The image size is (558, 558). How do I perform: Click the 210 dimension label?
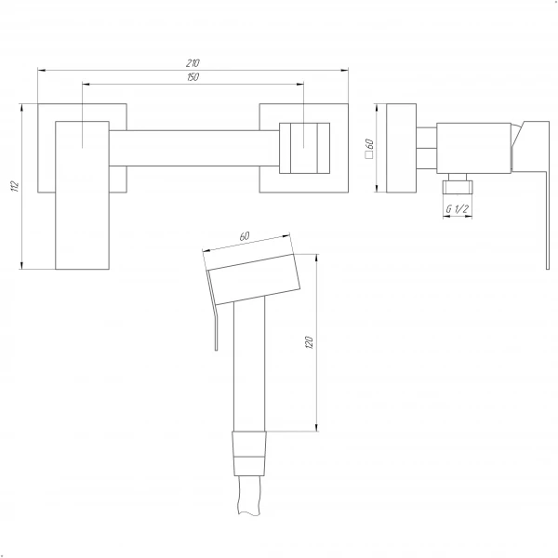coord(193,63)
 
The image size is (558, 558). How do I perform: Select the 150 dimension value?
coord(193,77)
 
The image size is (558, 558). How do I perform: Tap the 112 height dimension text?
coord(15,186)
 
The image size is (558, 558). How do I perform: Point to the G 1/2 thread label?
coord(458,209)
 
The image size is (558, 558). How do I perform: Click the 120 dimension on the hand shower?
coord(309,342)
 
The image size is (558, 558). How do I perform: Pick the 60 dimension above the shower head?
coord(245,236)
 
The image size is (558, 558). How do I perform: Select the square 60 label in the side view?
coord(369,149)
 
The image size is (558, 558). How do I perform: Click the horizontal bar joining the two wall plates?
coord(194,148)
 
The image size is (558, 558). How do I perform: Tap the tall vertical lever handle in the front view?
coord(82,195)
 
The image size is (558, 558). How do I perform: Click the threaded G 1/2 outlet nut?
coord(458,187)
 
